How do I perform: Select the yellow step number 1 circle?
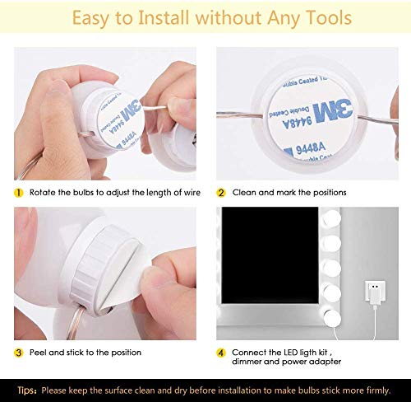click(18, 192)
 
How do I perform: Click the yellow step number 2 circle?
click(221, 192)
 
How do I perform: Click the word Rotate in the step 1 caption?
click(44, 192)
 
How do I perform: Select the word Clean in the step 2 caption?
click(246, 192)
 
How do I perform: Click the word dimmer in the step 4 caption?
click(250, 363)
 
